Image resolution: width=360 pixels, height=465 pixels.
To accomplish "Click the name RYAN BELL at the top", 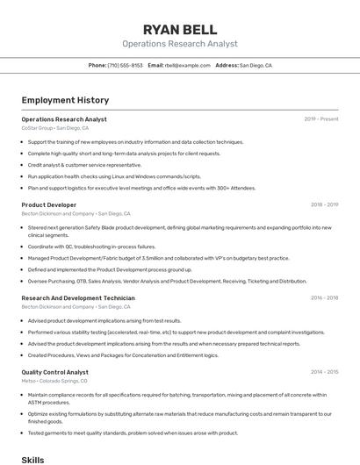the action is click(179, 30).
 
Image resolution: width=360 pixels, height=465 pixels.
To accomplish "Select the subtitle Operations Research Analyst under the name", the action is click(179, 44).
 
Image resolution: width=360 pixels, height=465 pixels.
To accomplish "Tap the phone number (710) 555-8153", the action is click(126, 65).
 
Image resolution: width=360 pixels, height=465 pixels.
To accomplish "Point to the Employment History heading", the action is click(65, 100).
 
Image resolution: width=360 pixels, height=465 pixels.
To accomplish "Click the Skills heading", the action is click(32, 459).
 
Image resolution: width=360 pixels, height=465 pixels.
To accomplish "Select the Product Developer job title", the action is click(49, 204).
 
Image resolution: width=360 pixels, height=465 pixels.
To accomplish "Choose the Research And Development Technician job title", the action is click(78, 298).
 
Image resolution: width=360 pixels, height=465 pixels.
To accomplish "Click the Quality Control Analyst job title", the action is click(55, 372).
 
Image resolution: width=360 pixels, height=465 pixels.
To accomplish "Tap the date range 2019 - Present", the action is click(321, 118).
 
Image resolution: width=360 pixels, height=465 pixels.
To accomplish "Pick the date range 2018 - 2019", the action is click(324, 204).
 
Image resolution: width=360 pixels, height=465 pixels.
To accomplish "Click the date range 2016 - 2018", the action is click(324, 298).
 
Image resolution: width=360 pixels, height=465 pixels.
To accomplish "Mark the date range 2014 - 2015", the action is click(324, 372).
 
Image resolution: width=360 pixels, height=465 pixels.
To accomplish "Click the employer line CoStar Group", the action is click(54, 128).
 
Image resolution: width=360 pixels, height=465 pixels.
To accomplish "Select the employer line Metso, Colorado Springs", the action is click(54, 381).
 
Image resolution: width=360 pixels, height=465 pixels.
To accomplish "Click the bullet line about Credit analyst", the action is click(84, 164).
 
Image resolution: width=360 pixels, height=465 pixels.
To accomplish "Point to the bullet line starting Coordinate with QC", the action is click(91, 247).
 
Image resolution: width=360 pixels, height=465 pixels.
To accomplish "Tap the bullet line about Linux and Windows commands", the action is click(114, 175).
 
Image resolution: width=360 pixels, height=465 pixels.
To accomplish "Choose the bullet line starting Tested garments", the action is click(133, 433).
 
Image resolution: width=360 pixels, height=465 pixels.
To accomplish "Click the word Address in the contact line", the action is click(227, 65).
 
